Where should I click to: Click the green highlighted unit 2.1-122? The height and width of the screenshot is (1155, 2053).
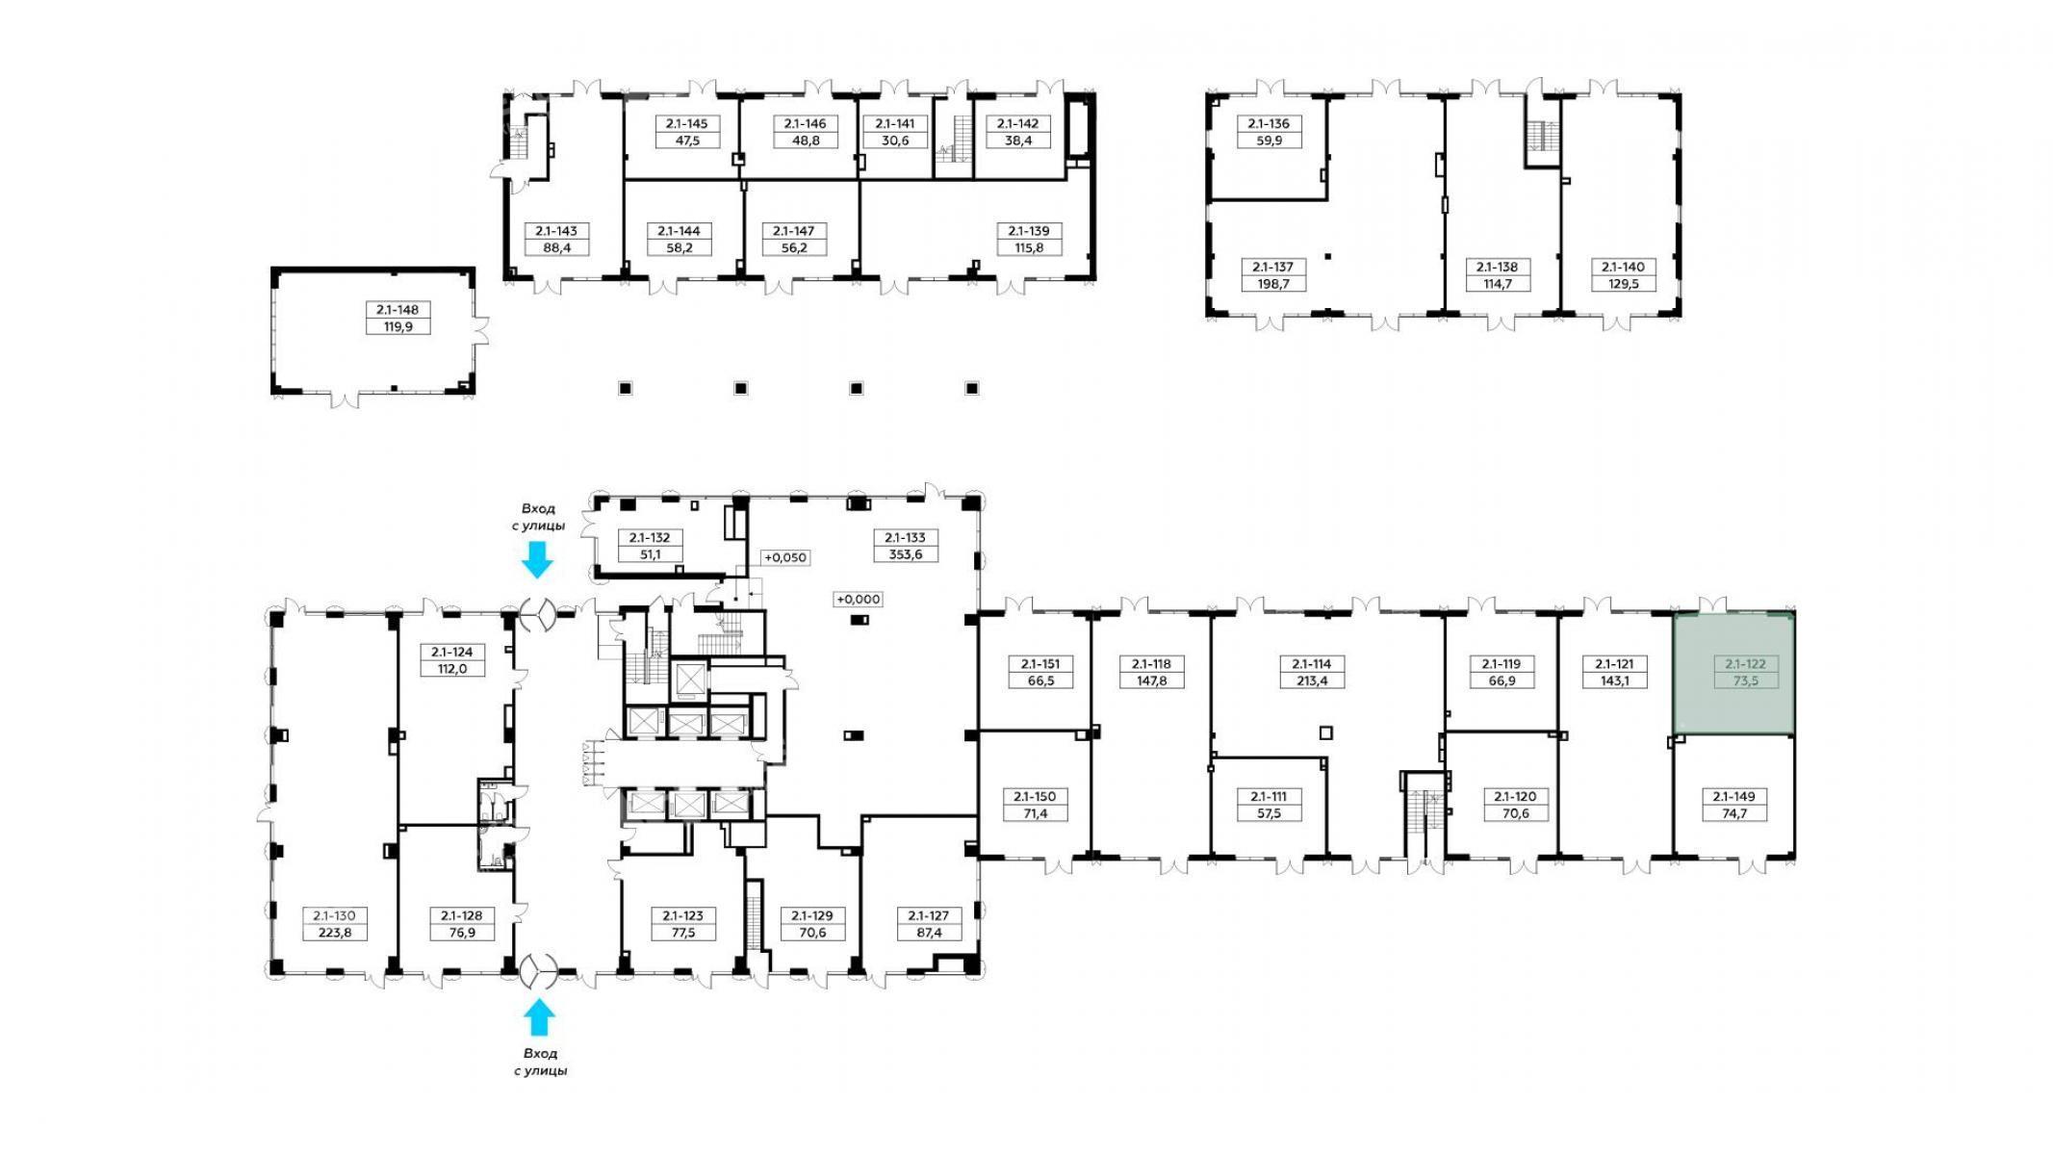(1733, 674)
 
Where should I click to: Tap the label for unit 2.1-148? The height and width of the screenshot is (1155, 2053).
(398, 318)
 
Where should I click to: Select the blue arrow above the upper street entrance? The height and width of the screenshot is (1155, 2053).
(536, 559)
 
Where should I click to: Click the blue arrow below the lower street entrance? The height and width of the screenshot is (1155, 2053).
(539, 1017)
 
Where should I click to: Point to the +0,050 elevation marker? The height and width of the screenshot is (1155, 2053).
(785, 557)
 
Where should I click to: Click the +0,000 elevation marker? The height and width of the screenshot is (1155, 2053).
(859, 599)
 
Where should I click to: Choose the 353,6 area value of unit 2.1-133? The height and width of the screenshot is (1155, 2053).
(906, 554)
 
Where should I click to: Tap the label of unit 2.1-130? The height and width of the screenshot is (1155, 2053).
(334, 924)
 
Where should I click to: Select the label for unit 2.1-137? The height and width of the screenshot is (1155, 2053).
(1273, 275)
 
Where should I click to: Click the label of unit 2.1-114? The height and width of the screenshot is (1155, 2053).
(1312, 672)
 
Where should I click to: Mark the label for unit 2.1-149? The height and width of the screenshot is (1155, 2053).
(1734, 805)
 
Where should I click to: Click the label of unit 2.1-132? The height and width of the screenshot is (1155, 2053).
(650, 546)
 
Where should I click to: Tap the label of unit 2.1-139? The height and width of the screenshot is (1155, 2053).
(1029, 239)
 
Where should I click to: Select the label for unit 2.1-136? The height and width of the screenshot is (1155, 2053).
(1270, 132)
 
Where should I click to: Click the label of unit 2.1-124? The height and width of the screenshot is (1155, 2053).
(452, 660)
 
